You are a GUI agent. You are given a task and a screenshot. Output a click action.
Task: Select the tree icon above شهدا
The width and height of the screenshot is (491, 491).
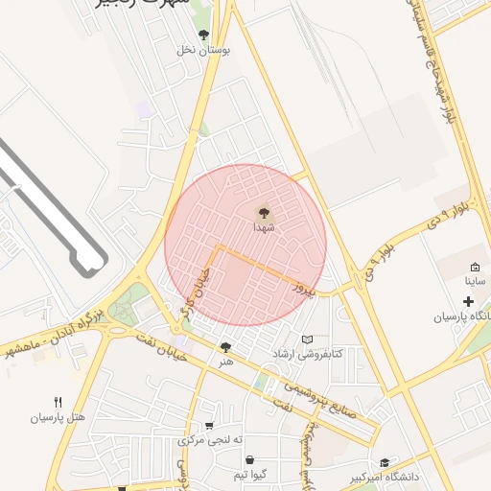click(x=264, y=213)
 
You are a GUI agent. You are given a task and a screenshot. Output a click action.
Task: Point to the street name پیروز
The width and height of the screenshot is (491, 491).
click(x=305, y=286)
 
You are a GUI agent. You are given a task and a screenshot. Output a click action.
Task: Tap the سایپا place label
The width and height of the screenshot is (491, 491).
click(x=476, y=282)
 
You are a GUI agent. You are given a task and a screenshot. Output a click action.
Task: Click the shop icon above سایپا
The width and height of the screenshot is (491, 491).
click(x=476, y=267)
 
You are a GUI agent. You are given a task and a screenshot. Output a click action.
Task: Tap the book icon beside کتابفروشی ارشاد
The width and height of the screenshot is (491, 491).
click(x=308, y=339)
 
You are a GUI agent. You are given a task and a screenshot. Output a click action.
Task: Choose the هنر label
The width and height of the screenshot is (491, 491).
click(x=226, y=362)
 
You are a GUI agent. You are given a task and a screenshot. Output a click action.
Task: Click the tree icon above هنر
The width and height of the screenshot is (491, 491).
click(x=226, y=347)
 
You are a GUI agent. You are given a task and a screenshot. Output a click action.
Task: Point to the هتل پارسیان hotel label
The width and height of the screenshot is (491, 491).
click(x=58, y=417)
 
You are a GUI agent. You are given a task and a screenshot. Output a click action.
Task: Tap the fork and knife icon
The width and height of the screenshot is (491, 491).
click(x=58, y=402)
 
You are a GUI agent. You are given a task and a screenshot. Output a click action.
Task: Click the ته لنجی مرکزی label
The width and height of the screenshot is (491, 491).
click(x=210, y=440)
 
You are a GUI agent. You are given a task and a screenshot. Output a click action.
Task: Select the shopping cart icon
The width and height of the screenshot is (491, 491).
click(x=209, y=426)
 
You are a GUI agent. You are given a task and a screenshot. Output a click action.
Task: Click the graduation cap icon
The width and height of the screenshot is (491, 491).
click(x=385, y=462)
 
